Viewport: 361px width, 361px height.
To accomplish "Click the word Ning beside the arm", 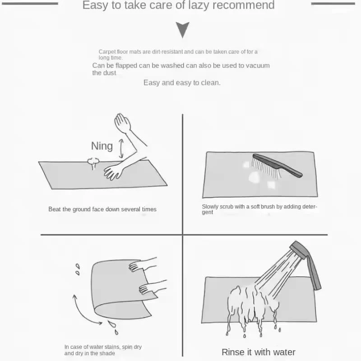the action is click(x=102, y=146).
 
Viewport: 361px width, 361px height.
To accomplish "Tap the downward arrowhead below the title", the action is click(x=183, y=29).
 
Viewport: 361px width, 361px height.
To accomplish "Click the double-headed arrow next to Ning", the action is click(x=121, y=148).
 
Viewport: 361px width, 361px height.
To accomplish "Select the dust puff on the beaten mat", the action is click(x=93, y=162).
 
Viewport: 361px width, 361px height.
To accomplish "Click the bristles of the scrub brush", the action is click(x=265, y=168).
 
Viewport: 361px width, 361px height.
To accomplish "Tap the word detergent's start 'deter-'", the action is click(x=310, y=207).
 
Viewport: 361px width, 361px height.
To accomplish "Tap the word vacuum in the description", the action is click(x=258, y=65).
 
